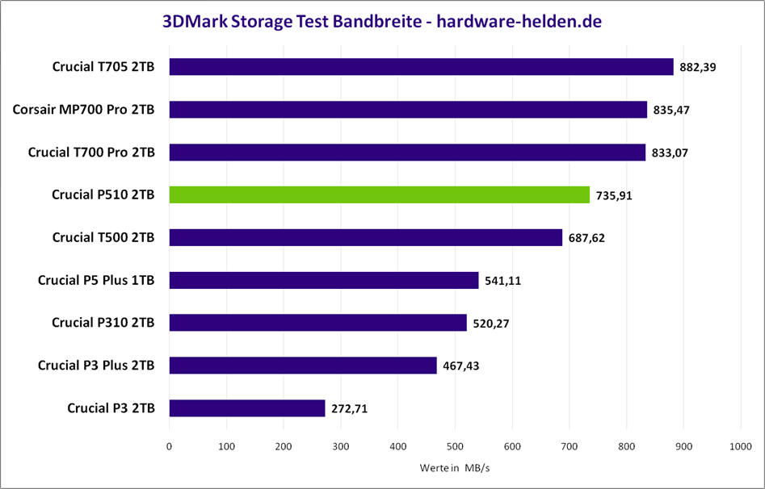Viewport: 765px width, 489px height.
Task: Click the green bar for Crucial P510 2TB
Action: coord(380,194)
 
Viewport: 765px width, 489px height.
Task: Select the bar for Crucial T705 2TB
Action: coord(421,66)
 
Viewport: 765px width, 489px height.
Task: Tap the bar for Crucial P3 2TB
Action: coord(247,408)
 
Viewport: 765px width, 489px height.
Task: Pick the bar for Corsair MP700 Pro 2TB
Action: coord(408,109)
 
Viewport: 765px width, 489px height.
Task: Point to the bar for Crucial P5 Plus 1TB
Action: coord(324,280)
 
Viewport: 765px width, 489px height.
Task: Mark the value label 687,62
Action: coord(585,238)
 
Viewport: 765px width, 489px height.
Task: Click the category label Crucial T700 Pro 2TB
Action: coord(91,152)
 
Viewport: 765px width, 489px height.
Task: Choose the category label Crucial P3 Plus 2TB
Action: coord(96,366)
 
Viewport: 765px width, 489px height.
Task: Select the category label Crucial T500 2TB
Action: coord(103,237)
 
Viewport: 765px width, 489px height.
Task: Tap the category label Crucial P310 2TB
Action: coord(103,323)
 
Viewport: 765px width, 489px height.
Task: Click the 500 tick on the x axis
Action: coord(455,445)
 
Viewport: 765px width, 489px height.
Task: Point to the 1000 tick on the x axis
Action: coord(740,445)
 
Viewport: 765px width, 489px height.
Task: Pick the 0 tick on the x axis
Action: coord(169,445)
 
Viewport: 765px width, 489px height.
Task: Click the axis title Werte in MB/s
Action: coord(454,468)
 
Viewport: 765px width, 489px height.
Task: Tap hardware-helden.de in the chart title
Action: coord(518,21)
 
